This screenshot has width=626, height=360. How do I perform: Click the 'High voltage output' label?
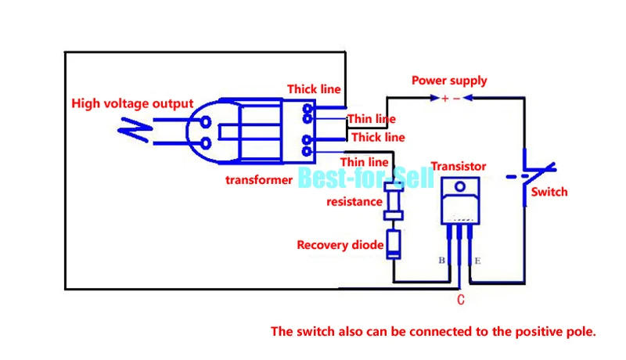point(131,103)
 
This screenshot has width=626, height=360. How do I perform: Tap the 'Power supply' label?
point(449,81)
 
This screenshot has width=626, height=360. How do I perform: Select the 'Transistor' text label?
point(459,166)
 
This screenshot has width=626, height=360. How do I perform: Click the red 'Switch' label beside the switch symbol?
point(549,192)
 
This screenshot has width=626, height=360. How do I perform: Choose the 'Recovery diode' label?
point(340,245)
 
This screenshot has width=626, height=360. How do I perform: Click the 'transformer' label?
point(259,180)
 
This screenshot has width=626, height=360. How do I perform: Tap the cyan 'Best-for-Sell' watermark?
point(365,178)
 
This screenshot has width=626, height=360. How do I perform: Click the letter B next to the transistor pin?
point(441,261)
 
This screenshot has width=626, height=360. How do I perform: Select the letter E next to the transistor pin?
point(478,261)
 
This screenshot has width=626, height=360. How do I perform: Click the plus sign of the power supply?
point(444,99)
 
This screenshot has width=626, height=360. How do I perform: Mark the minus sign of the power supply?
point(457,99)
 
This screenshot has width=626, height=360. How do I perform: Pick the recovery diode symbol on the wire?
point(393,243)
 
